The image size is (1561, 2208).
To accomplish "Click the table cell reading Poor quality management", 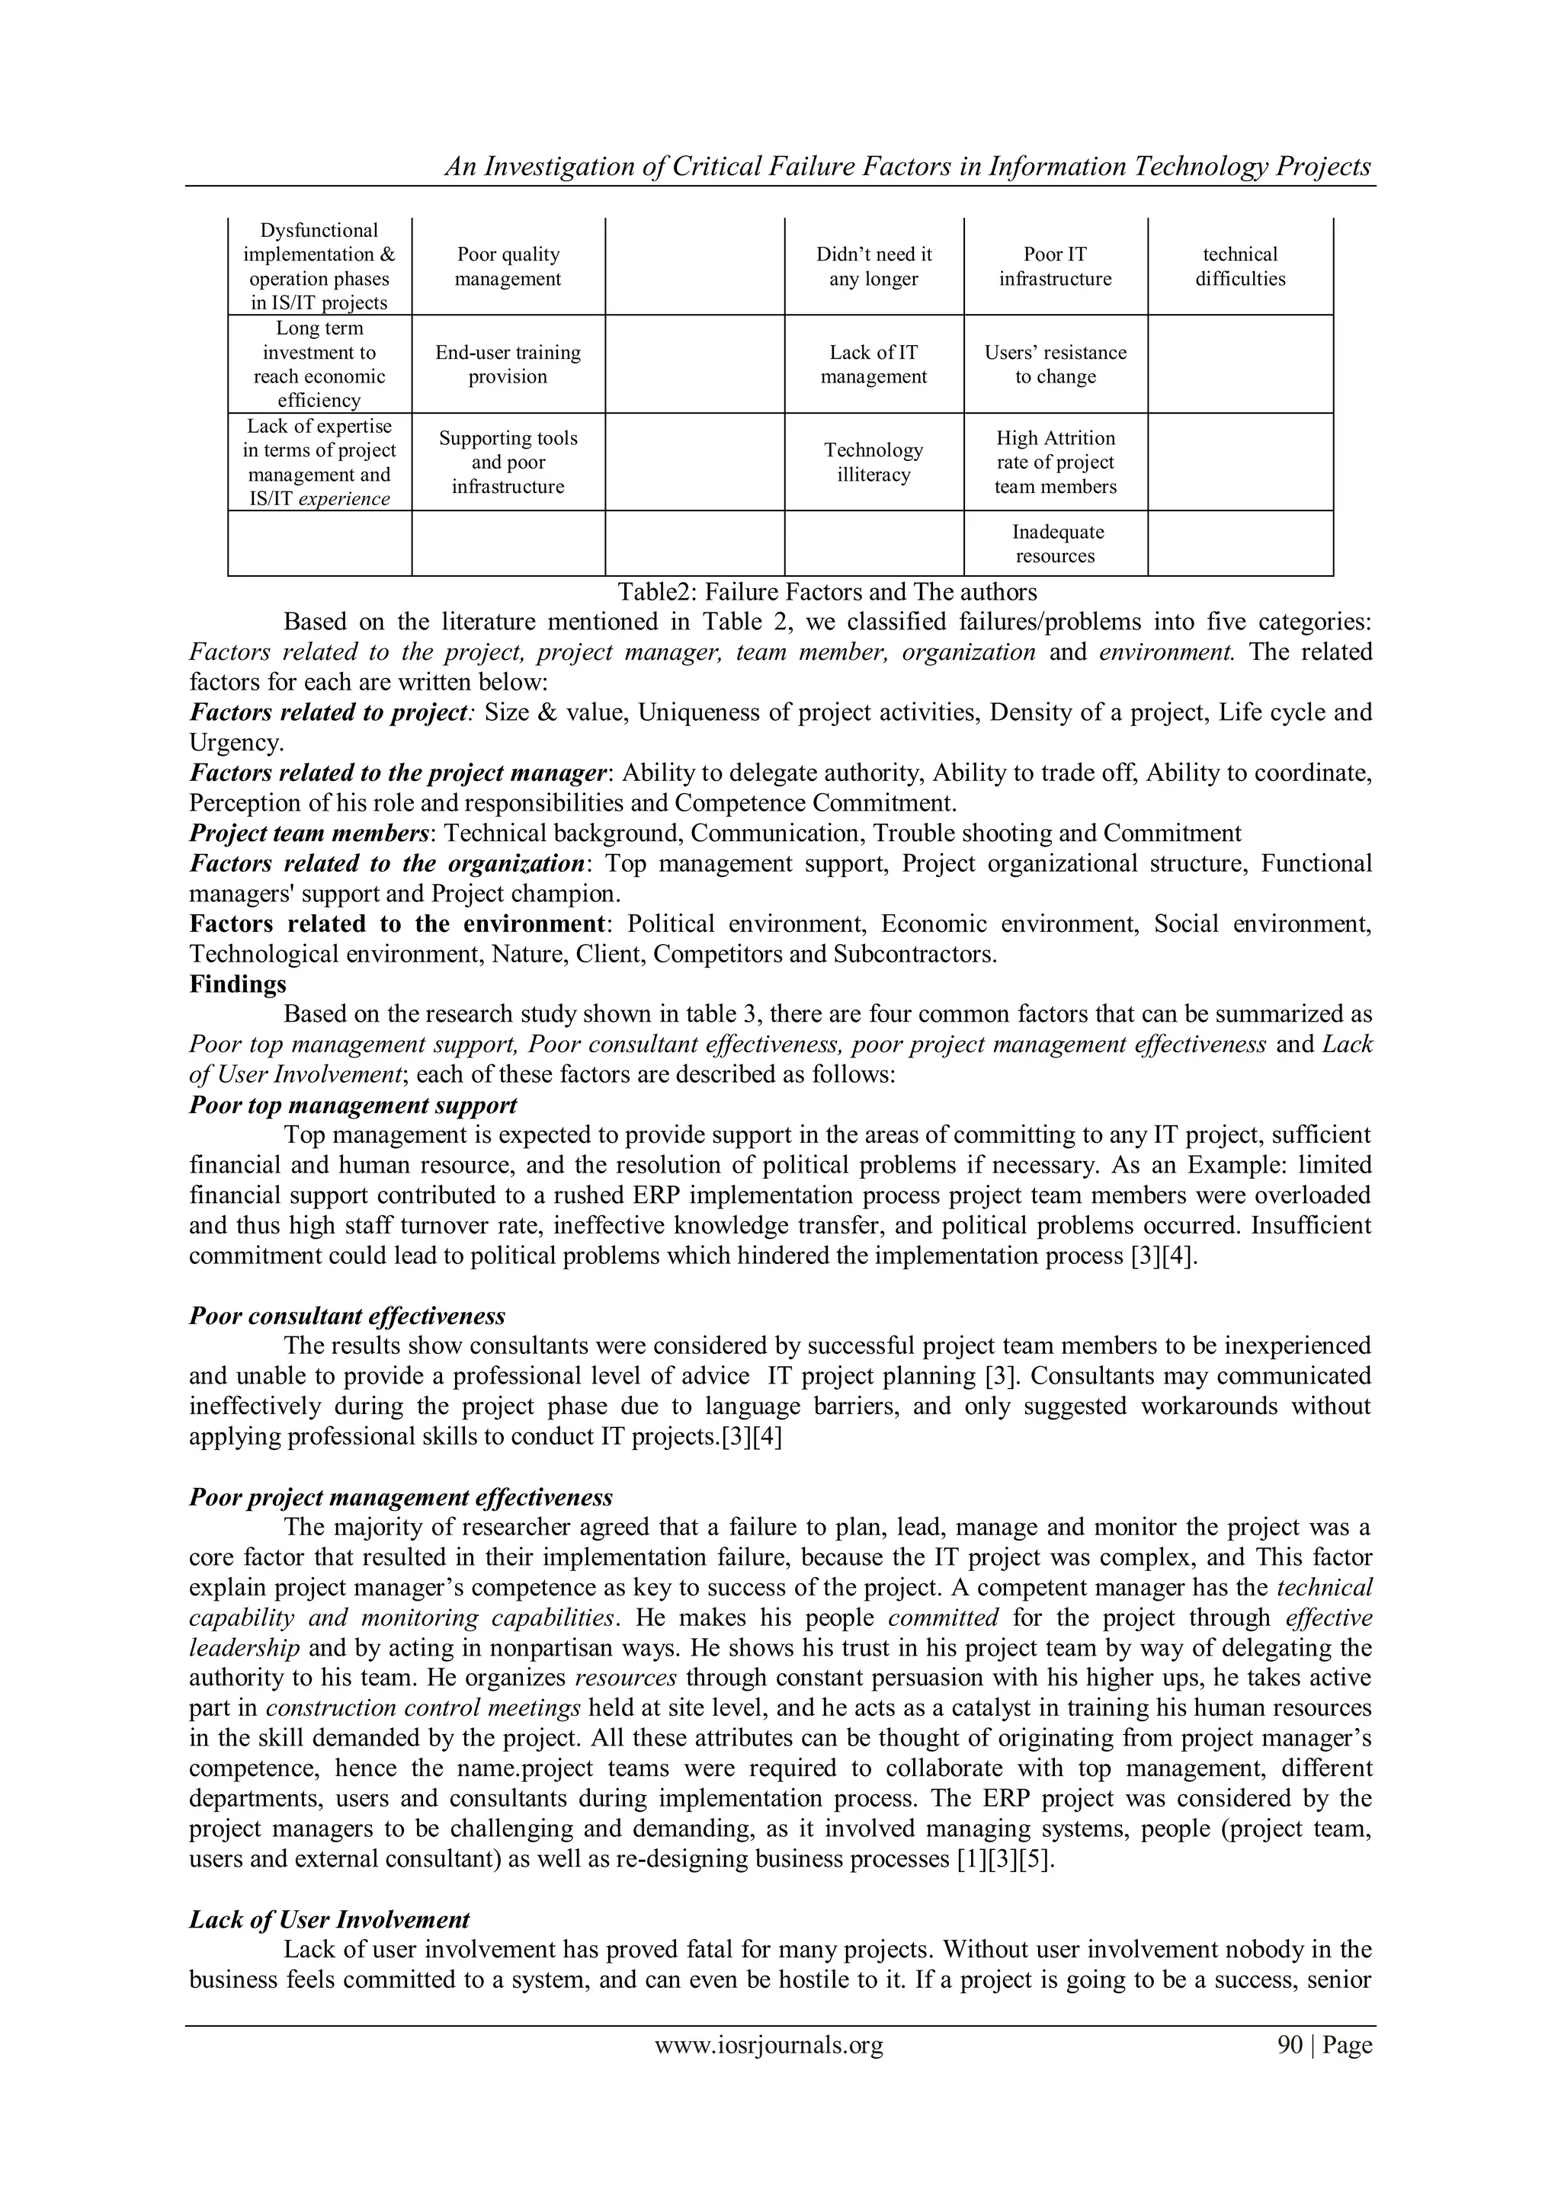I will coord(508,267).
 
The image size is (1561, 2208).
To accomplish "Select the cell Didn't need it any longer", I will coord(873,267).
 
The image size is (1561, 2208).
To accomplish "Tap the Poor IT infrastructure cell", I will coord(1055,267).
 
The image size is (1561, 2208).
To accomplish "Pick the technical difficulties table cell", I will coord(1240,267).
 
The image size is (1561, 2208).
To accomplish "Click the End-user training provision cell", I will coord(508,364).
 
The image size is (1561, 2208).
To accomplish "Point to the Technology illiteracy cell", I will coord(873,462).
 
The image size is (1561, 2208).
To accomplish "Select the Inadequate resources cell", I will coord(1055,543).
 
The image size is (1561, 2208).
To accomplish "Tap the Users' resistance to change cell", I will coord(1055,364).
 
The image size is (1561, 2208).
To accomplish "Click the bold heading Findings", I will coord(238,984).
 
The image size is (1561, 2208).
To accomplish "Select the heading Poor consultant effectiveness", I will coord(348,1316).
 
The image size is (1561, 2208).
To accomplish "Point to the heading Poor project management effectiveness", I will coord(401,1497).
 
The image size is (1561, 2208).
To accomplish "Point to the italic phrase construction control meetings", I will coord(423,1708).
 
